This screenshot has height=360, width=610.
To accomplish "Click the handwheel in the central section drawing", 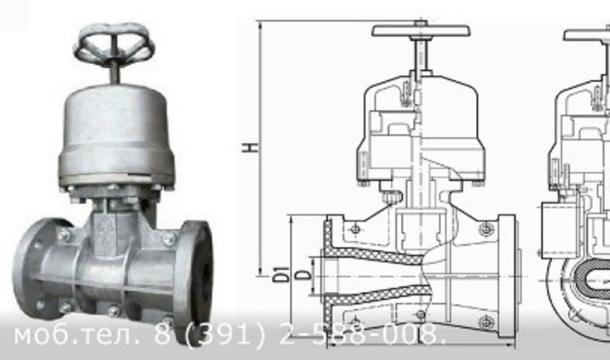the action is pyautogui.click(x=421, y=31).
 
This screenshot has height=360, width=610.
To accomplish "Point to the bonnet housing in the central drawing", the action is pyautogui.click(x=420, y=128).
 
